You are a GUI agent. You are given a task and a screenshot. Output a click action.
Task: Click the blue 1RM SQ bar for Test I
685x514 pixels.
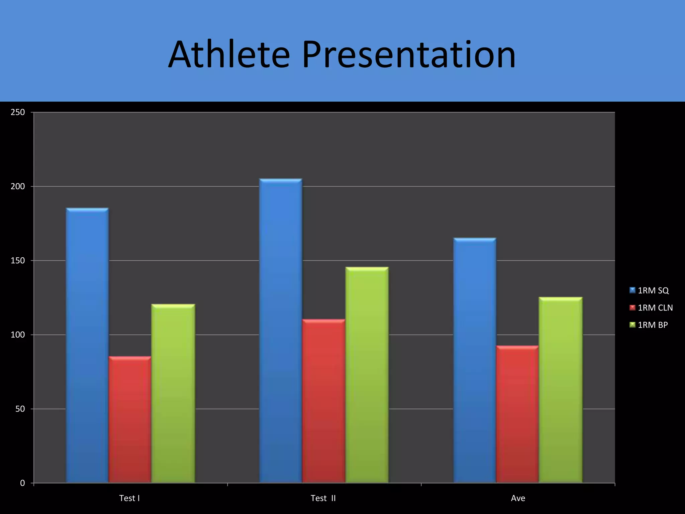87,345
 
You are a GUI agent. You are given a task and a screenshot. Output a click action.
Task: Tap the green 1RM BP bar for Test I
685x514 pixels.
173,393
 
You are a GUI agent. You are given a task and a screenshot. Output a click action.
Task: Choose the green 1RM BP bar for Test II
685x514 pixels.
367,374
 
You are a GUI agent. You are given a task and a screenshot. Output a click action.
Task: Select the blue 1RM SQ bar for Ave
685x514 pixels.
475,360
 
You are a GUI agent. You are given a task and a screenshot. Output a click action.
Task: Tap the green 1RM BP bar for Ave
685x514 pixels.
561,390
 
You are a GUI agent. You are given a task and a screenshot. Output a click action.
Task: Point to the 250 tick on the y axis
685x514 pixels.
18,112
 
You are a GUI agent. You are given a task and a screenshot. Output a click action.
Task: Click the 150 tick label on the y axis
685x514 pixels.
18,261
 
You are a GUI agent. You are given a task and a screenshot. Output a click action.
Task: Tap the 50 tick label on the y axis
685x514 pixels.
20,409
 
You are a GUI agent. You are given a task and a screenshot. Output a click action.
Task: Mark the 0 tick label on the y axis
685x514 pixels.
22,483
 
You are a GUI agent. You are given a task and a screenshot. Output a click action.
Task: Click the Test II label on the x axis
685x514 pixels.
323,498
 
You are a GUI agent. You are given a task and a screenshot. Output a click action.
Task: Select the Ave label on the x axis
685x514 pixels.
518,498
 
